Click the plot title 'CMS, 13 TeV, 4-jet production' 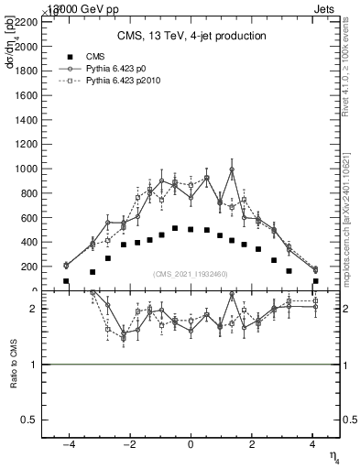[x=191, y=36]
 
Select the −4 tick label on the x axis [x=68, y=445]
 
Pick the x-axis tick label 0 [x=191, y=445]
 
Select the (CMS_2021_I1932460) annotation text [x=191, y=274]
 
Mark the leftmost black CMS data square [x=66, y=281]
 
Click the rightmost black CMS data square [x=315, y=281]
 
